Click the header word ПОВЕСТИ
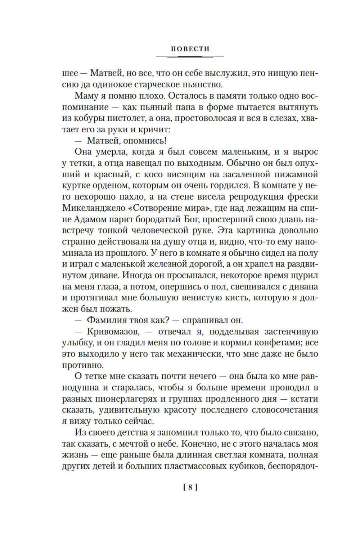(x=190, y=49)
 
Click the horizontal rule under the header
(x=190, y=56)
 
